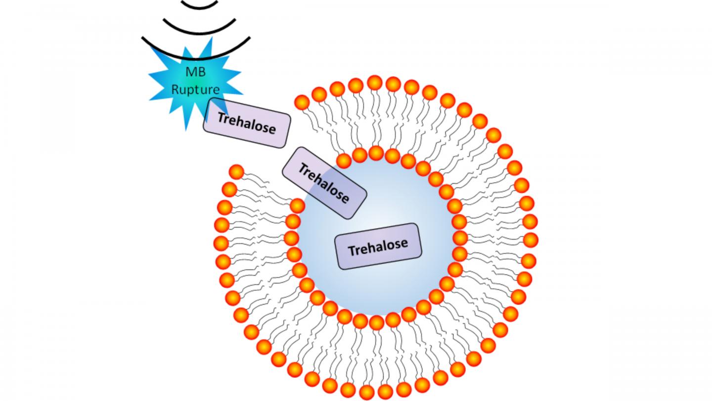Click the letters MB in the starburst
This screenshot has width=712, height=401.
(195, 71)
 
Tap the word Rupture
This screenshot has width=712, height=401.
(195, 90)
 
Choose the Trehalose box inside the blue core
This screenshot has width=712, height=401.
(378, 246)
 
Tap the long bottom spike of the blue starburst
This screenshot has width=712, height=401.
(186, 124)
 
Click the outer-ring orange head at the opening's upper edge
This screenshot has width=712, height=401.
(302, 102)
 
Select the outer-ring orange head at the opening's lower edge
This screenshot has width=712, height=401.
(237, 172)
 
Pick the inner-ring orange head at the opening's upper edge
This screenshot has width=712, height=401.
(344, 160)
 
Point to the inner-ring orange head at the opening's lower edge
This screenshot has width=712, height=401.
(297, 205)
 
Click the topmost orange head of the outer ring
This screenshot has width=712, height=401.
(374, 82)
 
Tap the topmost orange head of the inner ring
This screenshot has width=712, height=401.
(376, 153)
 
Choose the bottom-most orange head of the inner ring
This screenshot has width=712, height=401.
(376, 323)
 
